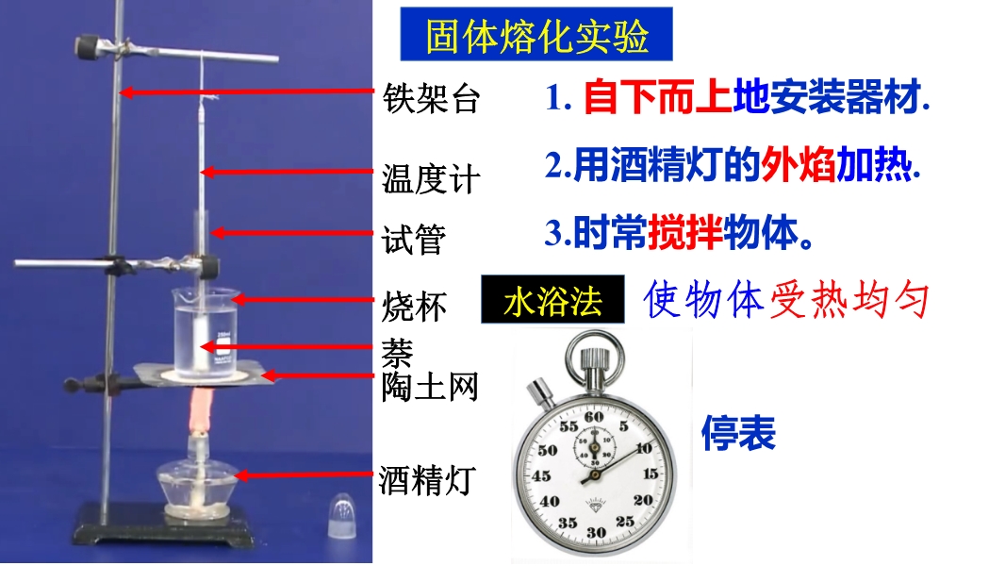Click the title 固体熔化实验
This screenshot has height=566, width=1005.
click(536, 35)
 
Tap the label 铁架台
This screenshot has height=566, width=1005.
click(432, 99)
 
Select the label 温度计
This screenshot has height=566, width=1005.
click(432, 179)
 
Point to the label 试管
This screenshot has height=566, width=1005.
click(414, 240)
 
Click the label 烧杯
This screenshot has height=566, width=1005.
click(414, 307)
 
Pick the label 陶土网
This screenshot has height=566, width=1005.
click(430, 387)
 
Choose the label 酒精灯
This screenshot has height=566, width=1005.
click(427, 480)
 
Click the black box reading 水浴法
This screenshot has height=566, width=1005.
click(552, 299)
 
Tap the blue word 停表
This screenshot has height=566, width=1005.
click(738, 433)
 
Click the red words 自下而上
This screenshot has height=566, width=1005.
click(658, 97)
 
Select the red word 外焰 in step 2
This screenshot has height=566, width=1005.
click(798, 165)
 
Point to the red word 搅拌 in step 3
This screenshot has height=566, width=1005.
click(685, 232)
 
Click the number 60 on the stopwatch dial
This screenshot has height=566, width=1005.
click(594, 417)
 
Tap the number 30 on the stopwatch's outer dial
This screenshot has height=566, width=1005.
click(596, 532)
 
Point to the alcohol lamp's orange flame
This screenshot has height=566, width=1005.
click(201, 409)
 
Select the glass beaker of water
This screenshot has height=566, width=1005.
click(206, 333)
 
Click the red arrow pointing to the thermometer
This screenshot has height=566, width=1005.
click(287, 172)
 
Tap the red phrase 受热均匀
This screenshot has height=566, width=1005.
click(849, 299)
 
